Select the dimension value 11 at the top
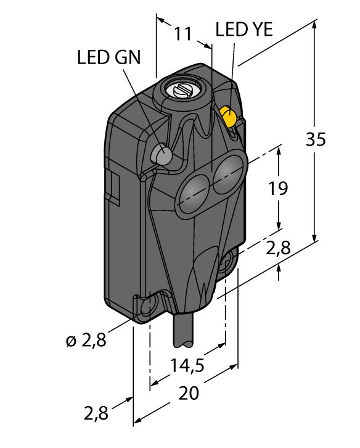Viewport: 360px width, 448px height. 182,35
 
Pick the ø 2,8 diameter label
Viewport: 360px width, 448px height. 86,340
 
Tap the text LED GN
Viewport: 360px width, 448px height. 108,57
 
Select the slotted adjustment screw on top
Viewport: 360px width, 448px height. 183,91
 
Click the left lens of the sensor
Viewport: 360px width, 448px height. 195,189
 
